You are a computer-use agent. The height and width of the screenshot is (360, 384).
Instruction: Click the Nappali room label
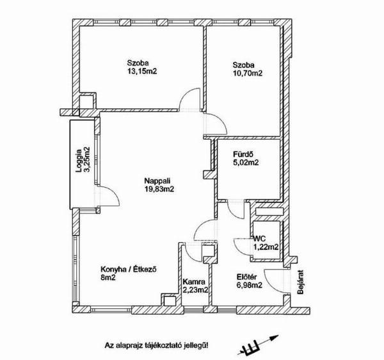[157, 181]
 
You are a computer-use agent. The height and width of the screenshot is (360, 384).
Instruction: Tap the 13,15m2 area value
[142, 71]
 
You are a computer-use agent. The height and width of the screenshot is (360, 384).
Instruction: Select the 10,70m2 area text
[248, 73]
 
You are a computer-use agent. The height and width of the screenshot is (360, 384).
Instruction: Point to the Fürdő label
[243, 154]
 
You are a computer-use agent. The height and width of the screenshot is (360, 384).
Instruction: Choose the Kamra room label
[194, 282]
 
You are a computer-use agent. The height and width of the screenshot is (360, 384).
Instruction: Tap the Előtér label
[246, 277]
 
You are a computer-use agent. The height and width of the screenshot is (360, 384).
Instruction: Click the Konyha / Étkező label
[129, 270]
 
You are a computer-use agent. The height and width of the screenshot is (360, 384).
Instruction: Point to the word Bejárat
[300, 282]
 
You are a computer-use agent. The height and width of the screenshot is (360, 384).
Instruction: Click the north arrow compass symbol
[258, 345]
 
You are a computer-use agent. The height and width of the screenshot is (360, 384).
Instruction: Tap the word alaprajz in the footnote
[127, 346]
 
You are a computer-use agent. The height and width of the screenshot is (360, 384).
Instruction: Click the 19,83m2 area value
[159, 189]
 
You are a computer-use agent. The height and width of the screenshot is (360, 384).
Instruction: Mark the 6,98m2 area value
[249, 285]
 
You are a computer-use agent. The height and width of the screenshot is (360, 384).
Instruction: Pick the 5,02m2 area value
[246, 163]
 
